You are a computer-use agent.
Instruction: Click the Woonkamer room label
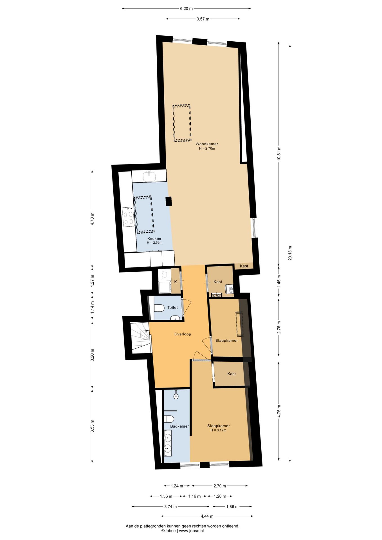pyautogui.click(x=207, y=144)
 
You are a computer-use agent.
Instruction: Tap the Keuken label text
pyautogui.click(x=154, y=238)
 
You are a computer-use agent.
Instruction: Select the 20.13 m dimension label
pyautogui.click(x=290, y=253)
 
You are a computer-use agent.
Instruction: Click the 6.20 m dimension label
pyautogui.click(x=186, y=8)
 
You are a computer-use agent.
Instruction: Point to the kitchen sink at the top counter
pyautogui.click(x=149, y=176)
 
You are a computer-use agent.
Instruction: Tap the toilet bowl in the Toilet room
pyautogui.click(x=159, y=308)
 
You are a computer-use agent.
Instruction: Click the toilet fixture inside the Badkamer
pyautogui.click(x=169, y=419)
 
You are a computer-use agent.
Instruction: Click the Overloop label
pyautogui.click(x=183, y=334)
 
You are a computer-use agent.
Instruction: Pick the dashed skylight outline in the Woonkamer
pyautogui.click(x=182, y=123)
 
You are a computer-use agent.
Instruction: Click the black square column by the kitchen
pyautogui.click(x=168, y=201)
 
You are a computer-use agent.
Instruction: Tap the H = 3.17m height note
pyautogui.click(x=218, y=430)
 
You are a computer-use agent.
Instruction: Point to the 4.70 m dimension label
pyautogui.click(x=92, y=219)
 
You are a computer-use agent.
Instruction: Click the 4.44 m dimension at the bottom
pyautogui.click(x=207, y=516)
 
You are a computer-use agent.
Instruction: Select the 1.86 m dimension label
pyautogui.click(x=232, y=507)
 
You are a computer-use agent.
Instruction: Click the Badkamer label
pyautogui.click(x=179, y=426)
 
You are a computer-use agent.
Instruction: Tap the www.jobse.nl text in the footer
pyautogui.click(x=191, y=531)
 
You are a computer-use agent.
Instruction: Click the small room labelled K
pyautogui.click(x=176, y=282)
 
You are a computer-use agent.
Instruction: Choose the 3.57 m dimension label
pyautogui.click(x=203, y=19)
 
